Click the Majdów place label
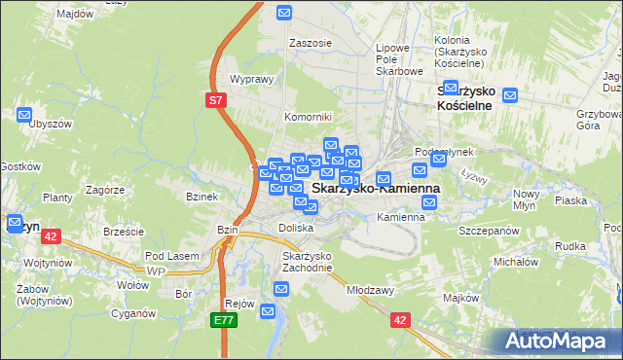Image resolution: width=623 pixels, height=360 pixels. pos(75,15)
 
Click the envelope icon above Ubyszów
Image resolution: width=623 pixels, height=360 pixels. pos(25,115)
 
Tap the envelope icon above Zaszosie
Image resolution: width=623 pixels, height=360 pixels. pos(284,13)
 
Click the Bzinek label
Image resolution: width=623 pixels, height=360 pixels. pos(201,197)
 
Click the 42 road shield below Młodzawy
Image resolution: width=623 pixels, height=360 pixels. pos(400,318)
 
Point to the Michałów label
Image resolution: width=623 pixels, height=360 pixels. pos(516,263)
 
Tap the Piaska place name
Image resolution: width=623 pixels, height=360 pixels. pos(569,200)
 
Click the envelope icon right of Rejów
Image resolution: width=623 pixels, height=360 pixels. pos(281,289)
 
